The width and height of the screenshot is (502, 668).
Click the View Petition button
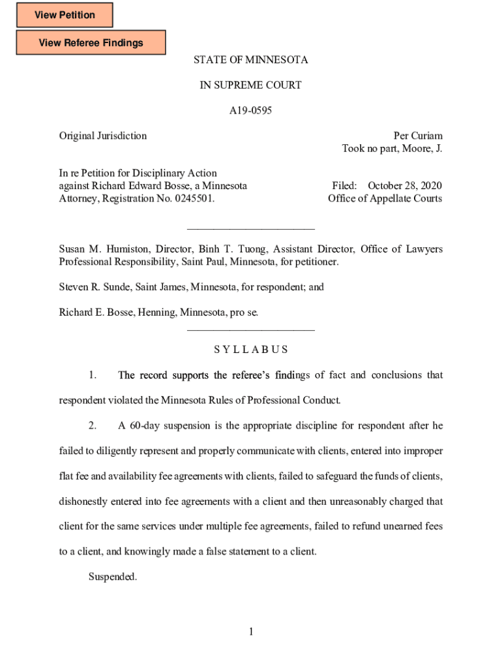point(65,15)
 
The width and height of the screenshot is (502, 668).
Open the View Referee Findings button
point(91,43)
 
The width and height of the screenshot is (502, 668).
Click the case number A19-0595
point(250,111)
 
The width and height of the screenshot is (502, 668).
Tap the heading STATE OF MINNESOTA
point(250,60)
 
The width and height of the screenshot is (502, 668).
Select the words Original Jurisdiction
point(103,136)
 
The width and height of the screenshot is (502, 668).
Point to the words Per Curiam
point(417,136)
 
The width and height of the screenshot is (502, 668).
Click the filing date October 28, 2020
point(405,186)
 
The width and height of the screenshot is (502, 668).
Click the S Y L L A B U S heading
point(250,350)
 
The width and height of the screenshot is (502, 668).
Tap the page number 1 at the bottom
point(250,631)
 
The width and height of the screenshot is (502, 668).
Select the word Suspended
point(113,577)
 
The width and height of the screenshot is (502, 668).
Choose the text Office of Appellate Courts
point(385,198)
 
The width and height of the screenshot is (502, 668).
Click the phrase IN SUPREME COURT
point(250,85)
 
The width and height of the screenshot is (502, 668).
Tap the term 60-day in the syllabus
point(144,426)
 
